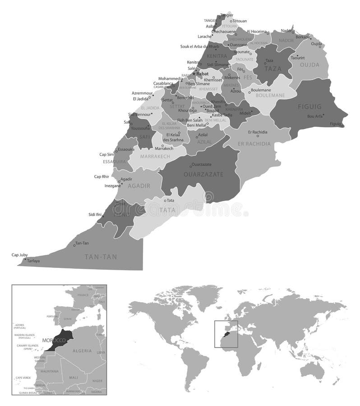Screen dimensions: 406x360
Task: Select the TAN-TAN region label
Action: [101, 257]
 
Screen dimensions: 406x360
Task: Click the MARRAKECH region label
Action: [155, 156]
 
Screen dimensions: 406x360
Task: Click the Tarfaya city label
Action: [33, 261]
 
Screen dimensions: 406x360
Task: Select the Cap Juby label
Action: [19, 255]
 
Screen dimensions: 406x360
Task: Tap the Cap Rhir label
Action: [102, 176]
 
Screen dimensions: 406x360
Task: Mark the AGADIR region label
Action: [136, 185]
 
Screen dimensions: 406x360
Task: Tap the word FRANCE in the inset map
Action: [83, 295]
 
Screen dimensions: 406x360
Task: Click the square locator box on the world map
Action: [226, 334]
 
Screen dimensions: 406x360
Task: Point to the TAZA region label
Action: [273, 69]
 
